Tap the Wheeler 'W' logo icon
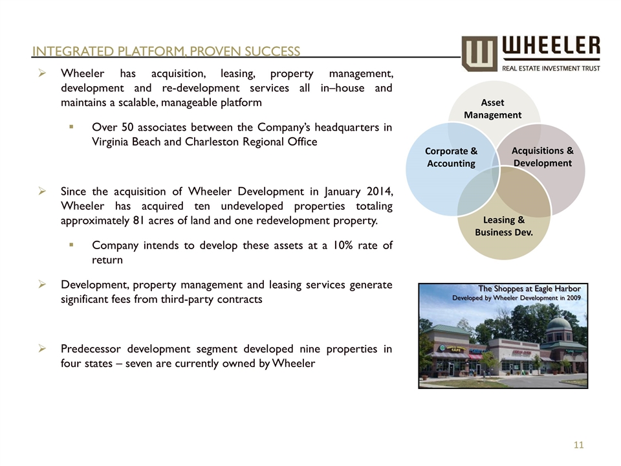[x=479, y=52]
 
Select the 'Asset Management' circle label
[x=492, y=109]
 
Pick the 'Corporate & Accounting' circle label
[x=451, y=157]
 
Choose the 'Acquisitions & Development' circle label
[x=542, y=157]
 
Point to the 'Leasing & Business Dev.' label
[x=504, y=226]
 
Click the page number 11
[x=578, y=445]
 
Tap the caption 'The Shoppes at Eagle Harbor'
[x=528, y=288]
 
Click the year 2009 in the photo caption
[x=572, y=297]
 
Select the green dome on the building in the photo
[x=558, y=323]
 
